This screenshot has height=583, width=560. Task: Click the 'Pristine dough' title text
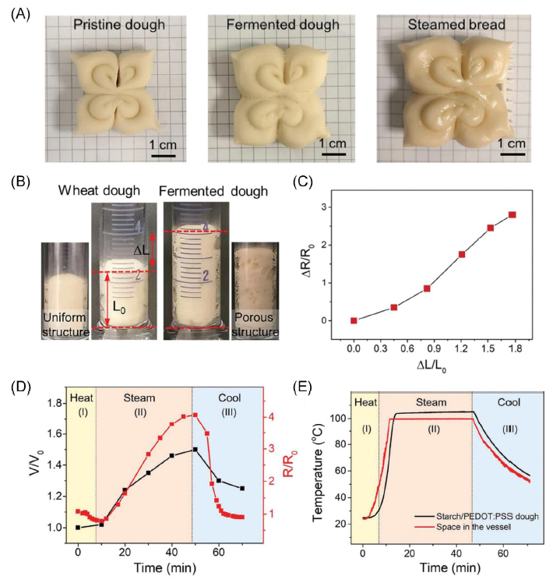point(118,25)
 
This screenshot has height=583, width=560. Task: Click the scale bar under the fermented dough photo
point(333,154)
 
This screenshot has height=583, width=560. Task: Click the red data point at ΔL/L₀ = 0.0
point(354,320)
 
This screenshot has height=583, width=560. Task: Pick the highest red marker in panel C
point(512,215)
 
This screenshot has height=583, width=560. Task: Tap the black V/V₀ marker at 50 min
point(195,450)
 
